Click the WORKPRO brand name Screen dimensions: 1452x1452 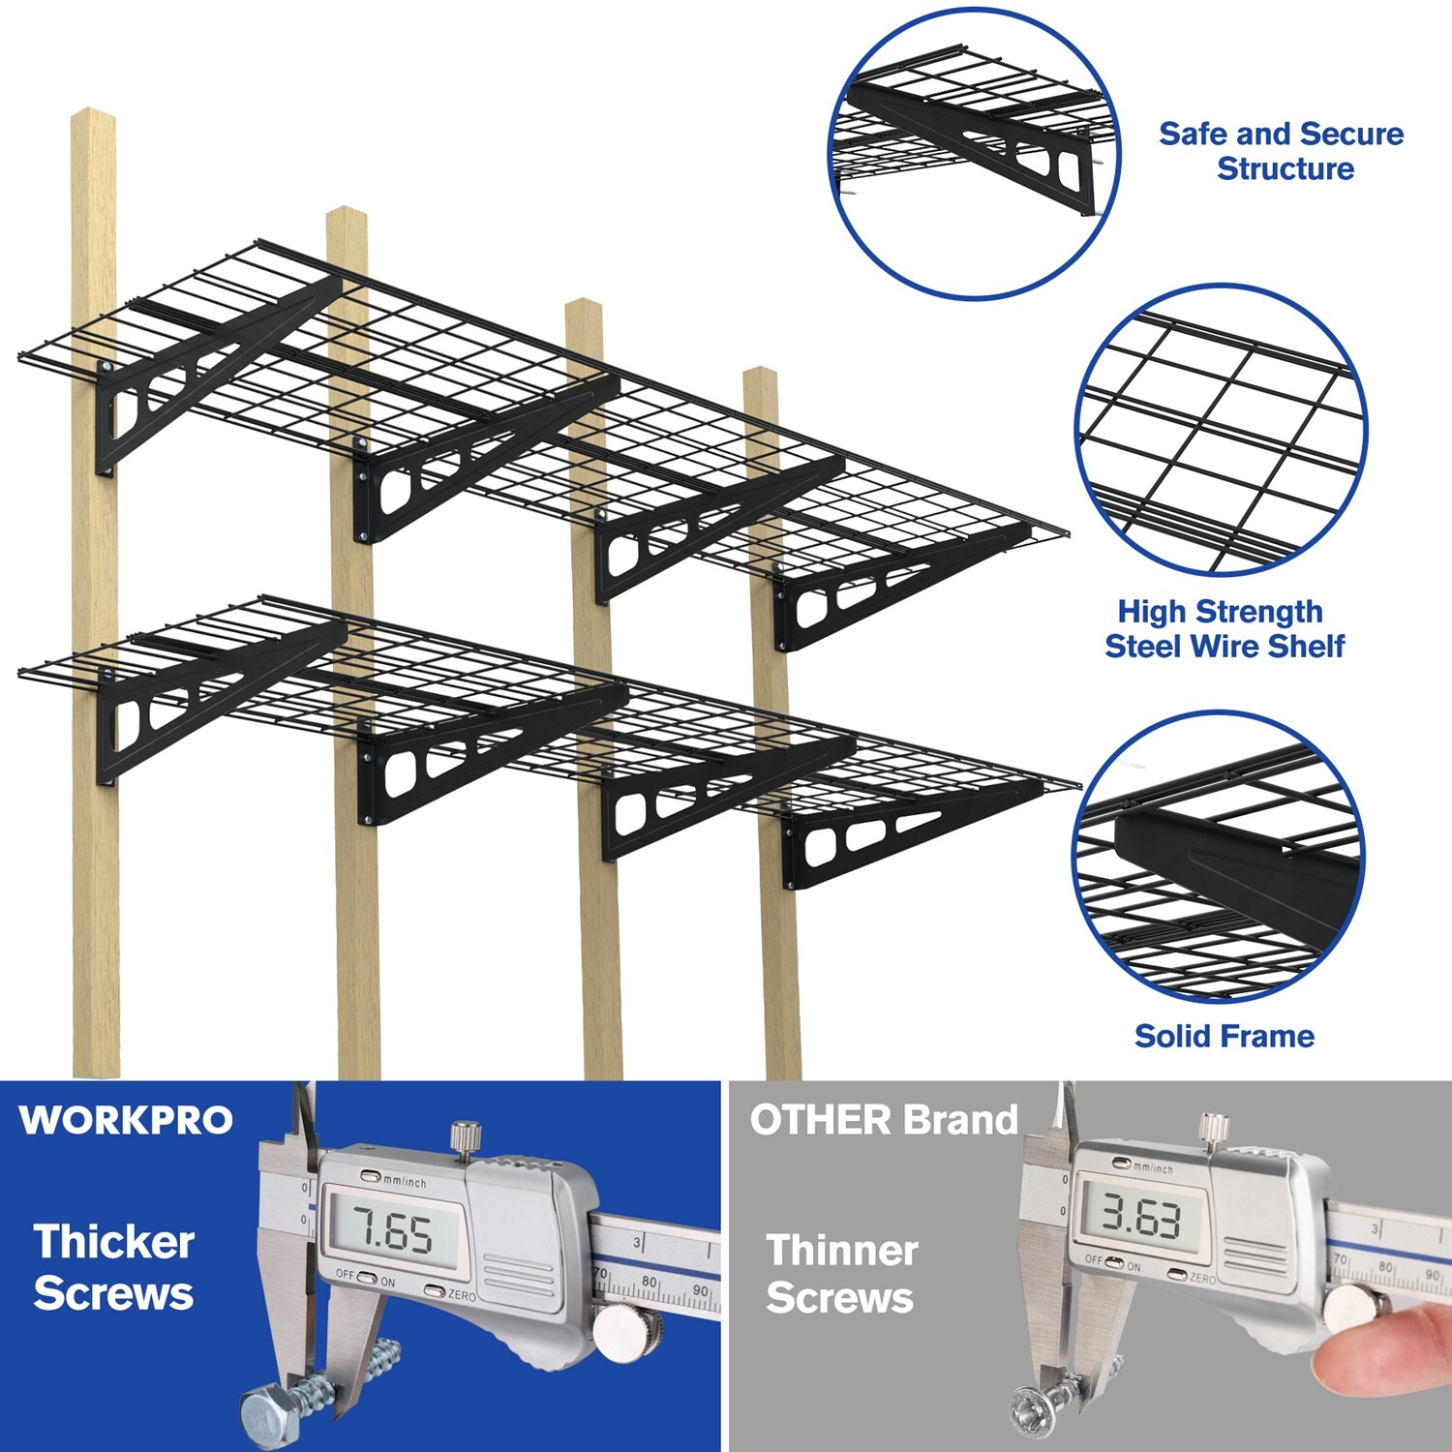(x=126, y=1120)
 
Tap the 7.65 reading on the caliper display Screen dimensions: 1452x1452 (x=392, y=1232)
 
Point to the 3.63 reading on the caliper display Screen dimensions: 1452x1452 (x=1141, y=1217)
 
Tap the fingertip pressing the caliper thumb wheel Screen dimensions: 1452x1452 (x=1375, y=1355)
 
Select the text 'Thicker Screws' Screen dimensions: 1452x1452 (x=113, y=1267)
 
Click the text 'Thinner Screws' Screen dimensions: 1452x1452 (x=841, y=1273)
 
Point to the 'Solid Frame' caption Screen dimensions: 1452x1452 (x=1225, y=1036)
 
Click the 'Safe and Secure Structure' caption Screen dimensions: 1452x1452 (x=1282, y=151)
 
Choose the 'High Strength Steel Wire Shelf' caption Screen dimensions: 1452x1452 (x=1224, y=628)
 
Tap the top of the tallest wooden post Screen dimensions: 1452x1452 (x=94, y=116)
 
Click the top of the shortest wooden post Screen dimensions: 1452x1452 (x=761, y=375)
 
